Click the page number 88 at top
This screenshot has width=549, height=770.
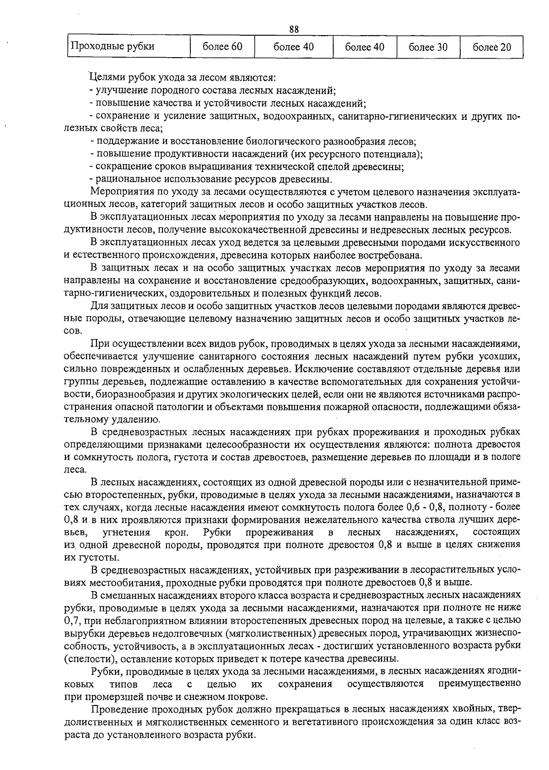[294, 29]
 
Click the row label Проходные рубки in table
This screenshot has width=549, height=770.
[111, 46]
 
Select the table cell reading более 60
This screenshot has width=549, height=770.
[222, 47]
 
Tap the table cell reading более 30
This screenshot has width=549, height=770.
[428, 47]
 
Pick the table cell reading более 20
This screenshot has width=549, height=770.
[491, 47]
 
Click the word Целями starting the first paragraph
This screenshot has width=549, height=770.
[105, 78]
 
